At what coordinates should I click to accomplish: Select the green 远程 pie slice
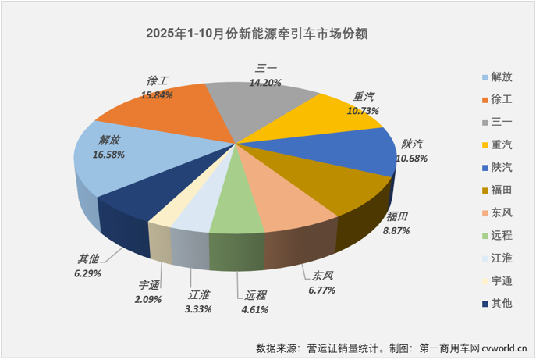click(x=239, y=211)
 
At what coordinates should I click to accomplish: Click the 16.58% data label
click(x=109, y=155)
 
